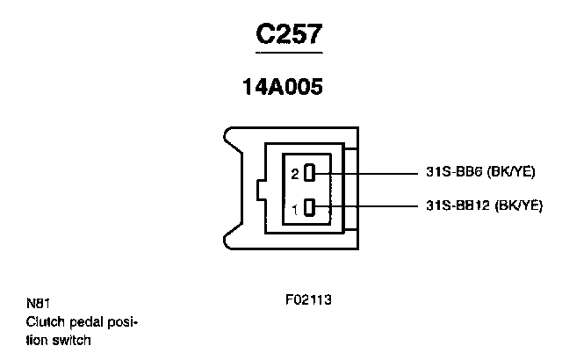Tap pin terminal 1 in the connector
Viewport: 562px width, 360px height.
(x=309, y=208)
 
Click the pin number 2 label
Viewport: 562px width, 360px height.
(x=296, y=173)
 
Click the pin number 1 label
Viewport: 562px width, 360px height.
(x=296, y=209)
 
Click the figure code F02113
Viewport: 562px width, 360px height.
(x=308, y=299)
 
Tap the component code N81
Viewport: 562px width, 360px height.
(x=36, y=304)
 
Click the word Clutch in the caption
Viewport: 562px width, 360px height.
(x=42, y=321)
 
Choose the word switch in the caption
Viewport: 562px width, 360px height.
(x=72, y=339)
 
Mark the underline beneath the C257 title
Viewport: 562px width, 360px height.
(x=289, y=54)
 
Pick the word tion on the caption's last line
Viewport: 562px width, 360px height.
(x=36, y=339)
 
